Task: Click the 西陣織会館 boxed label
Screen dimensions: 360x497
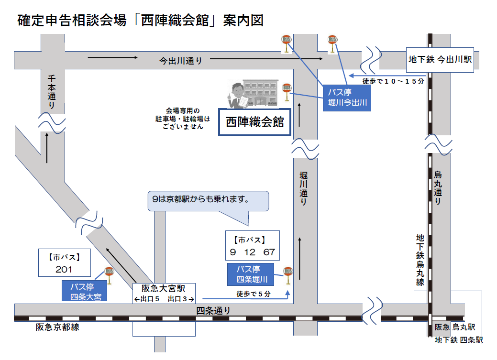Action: [x=254, y=122]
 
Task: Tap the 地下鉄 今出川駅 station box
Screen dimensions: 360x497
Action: [x=440, y=60]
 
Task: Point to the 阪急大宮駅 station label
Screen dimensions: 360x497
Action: [x=163, y=288]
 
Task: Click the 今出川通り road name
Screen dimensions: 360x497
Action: [x=181, y=61]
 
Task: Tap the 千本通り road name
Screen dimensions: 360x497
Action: [x=52, y=90]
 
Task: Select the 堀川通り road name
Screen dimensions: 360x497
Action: [x=303, y=189]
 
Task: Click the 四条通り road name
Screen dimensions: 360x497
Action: [x=213, y=311]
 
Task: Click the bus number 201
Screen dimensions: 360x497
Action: [x=64, y=269]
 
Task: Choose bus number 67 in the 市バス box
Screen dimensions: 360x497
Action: [x=269, y=251]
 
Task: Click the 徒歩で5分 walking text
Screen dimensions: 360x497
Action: [x=253, y=294]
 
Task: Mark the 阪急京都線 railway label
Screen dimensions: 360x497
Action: [x=57, y=327]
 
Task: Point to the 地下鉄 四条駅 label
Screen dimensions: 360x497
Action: [x=458, y=340]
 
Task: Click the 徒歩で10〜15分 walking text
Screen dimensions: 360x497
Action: [x=393, y=81]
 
